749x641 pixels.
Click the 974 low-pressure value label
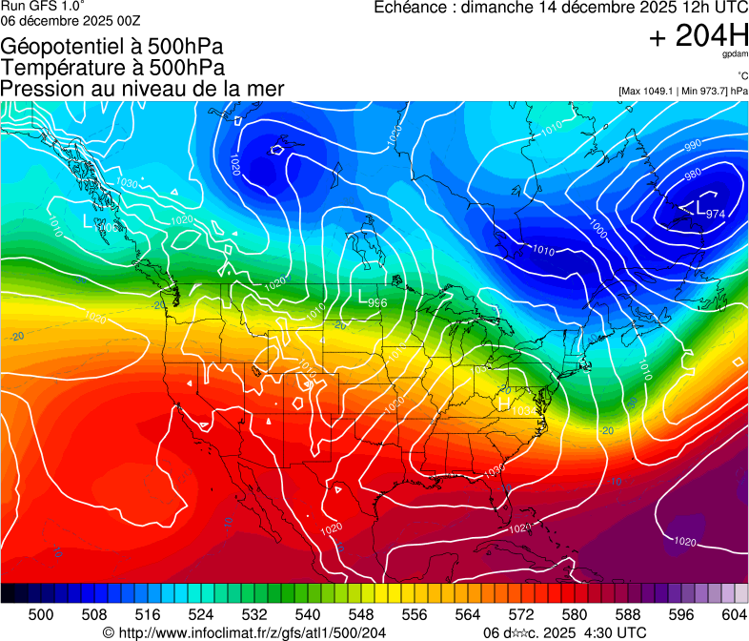[x=718, y=214]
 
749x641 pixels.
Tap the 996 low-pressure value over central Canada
[x=377, y=302]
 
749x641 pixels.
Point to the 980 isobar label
[x=693, y=174]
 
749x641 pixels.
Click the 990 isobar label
[x=693, y=146]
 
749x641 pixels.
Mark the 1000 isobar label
[x=597, y=229]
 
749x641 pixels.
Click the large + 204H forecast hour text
[x=698, y=36]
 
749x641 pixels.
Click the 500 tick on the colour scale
[x=41, y=613]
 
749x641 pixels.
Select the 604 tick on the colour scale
[x=733, y=613]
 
